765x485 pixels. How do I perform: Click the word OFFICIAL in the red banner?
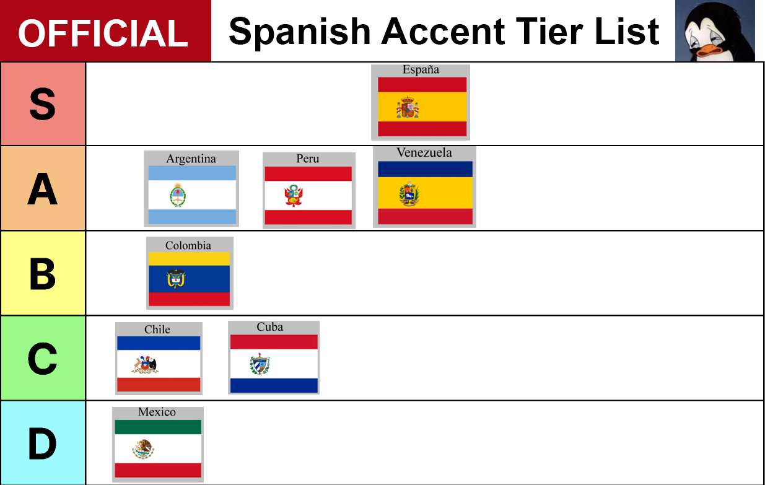103,33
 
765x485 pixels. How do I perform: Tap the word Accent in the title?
443,32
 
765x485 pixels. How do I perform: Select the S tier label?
42,104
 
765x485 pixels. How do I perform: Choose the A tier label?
42,189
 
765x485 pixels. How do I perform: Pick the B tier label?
42,274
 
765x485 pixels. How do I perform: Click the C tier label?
42,359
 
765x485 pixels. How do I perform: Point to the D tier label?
42,443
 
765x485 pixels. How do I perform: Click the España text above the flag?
421,70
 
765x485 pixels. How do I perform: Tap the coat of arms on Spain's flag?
408,107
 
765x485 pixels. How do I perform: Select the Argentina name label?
191,159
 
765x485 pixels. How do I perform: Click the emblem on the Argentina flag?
178,195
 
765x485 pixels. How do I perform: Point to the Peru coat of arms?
294,196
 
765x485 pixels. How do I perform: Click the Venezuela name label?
424,152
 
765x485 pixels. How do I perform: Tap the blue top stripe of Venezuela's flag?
425,169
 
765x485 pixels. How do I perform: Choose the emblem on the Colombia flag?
176,279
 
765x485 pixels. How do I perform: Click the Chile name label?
157,330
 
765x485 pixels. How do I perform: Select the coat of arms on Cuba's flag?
260,364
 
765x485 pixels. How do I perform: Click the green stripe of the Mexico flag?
158,427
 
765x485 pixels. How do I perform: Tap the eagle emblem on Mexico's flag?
143,450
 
